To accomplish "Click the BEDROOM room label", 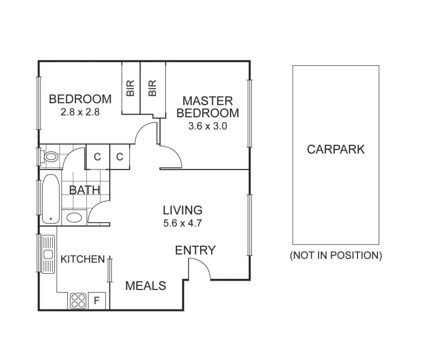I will click(80, 99).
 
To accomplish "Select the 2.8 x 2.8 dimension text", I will click(80, 112).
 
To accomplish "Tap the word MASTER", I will click(207, 101).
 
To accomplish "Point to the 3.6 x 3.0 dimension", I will click(207, 126).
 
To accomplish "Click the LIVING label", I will click(183, 209).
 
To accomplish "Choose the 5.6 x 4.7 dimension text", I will click(183, 223).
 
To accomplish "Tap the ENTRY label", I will click(195, 250).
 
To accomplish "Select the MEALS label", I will click(146, 286).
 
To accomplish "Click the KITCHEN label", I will click(83, 259).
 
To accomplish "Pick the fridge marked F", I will click(97, 302).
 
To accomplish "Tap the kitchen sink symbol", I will click(48, 254).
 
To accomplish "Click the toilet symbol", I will click(51, 156).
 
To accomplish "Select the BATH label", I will click(85, 189).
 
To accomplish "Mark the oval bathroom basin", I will click(74, 217).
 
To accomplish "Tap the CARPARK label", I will click(335, 149).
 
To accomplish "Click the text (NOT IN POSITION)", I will click(335, 256).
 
